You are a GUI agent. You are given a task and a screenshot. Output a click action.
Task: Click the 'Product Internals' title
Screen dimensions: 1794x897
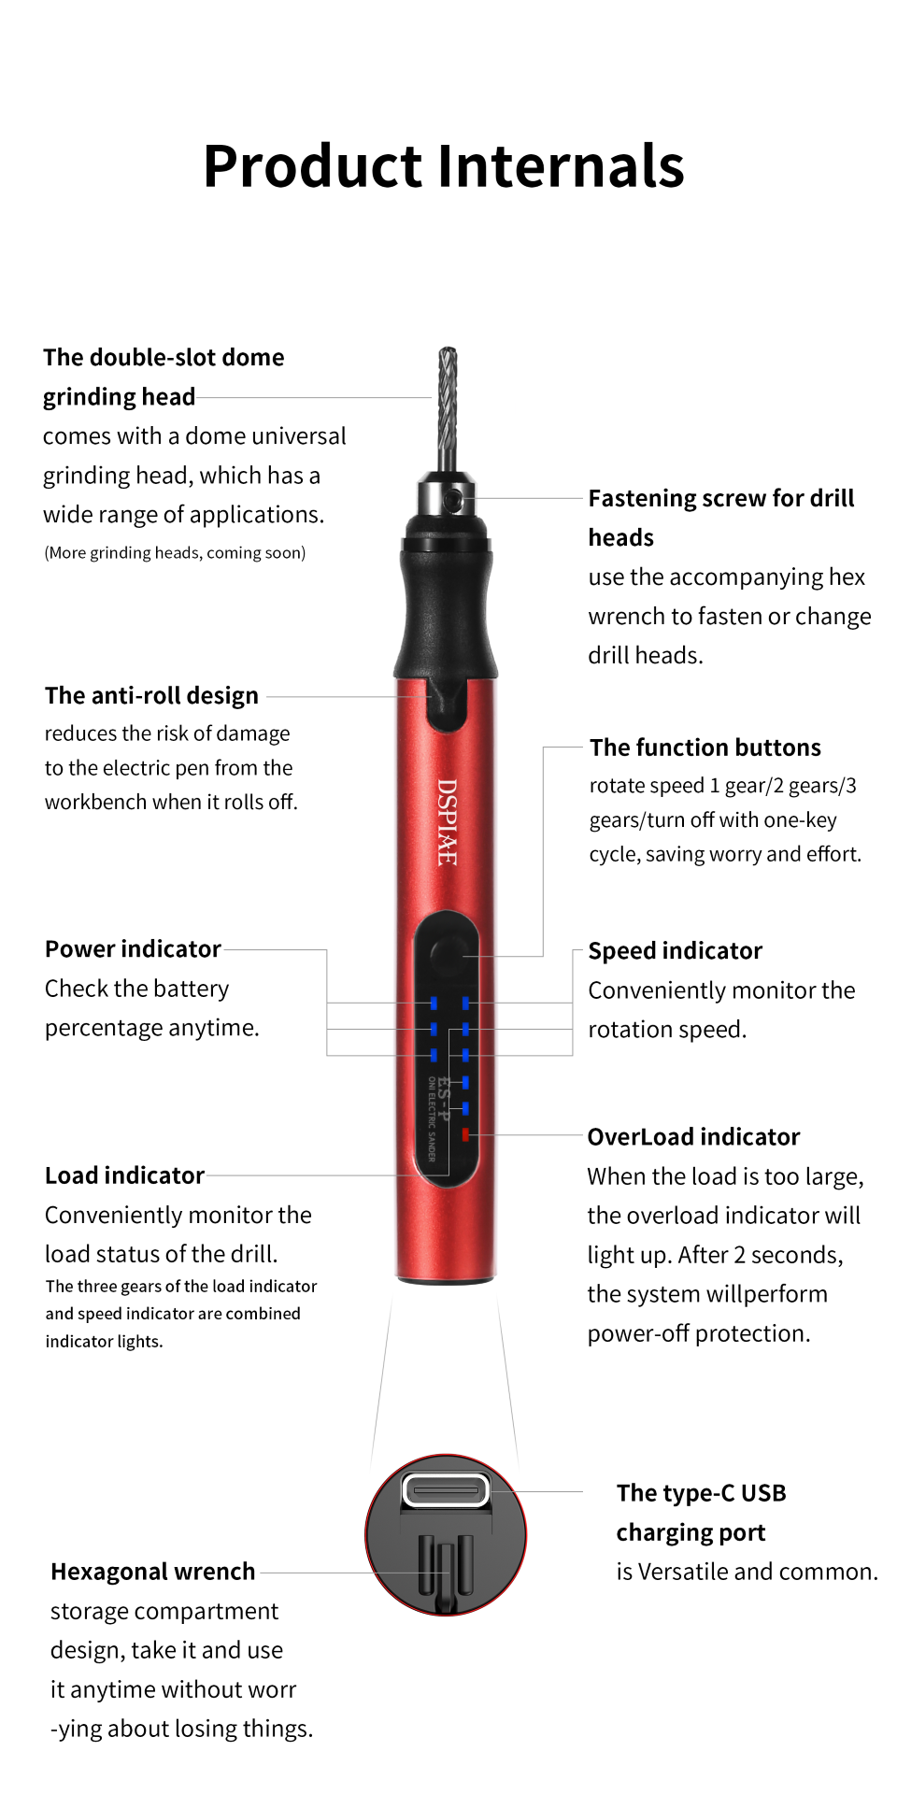[x=444, y=166]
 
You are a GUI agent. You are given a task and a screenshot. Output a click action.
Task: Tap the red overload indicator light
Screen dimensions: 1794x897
[x=465, y=1134]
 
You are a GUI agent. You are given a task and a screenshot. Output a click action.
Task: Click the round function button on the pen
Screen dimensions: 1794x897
[x=447, y=955]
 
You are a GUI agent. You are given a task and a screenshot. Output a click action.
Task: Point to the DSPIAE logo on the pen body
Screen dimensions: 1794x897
[x=448, y=822]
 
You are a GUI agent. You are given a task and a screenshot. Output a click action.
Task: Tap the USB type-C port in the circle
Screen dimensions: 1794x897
[x=446, y=1489]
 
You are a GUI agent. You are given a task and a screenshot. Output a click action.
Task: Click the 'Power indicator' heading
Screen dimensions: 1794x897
[x=133, y=949]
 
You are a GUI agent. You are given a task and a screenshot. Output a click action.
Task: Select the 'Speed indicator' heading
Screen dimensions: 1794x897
[x=675, y=951]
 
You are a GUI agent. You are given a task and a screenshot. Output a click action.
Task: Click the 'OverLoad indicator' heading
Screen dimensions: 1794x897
[x=693, y=1137]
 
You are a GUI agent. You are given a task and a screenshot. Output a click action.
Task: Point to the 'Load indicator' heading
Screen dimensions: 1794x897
[x=124, y=1175]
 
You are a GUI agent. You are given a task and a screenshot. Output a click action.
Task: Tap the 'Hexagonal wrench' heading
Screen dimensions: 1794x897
[x=152, y=1572]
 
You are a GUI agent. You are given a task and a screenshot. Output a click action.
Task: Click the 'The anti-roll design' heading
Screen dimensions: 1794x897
[x=151, y=696]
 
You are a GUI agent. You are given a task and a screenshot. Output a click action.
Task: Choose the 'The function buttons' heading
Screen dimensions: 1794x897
[x=705, y=747]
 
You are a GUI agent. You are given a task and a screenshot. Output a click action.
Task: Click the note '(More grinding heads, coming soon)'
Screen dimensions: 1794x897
[x=175, y=553]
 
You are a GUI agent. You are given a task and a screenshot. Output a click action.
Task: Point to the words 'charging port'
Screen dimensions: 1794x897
[x=691, y=1532]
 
